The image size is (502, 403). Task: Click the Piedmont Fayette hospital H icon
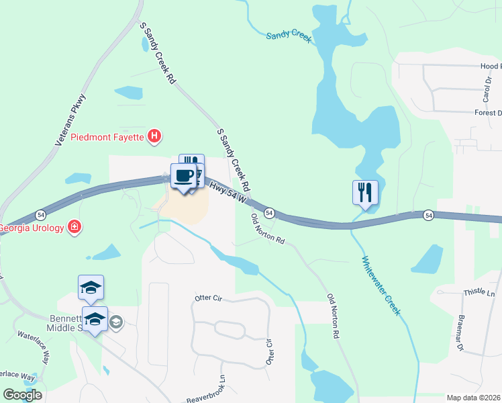[x=155, y=137]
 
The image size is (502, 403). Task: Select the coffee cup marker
[x=184, y=177]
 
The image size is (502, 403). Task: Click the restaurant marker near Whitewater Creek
[x=365, y=192]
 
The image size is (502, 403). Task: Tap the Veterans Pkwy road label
[x=72, y=120]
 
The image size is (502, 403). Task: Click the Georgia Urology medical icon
[x=74, y=227]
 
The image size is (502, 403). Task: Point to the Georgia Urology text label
[x=32, y=227]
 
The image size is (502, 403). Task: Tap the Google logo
[x=22, y=395]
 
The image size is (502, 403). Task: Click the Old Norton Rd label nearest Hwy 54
[x=267, y=230]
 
